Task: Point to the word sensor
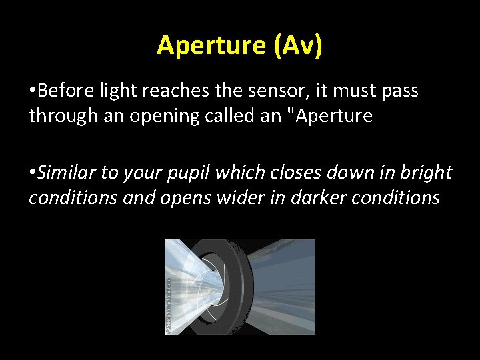[x=263, y=91]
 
